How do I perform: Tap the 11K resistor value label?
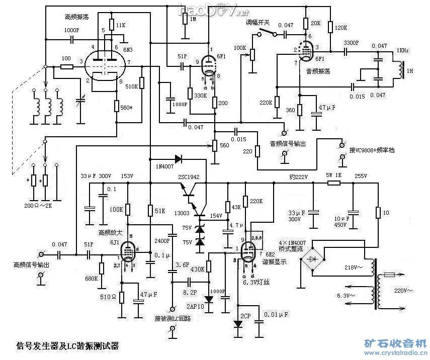click(x=121, y=25)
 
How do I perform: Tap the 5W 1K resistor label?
click(x=334, y=174)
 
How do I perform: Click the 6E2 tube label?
click(x=270, y=254)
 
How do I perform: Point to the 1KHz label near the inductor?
click(x=403, y=51)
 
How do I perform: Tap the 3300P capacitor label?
click(x=352, y=43)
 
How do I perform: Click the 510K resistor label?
click(x=132, y=86)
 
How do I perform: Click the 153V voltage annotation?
click(x=127, y=176)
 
